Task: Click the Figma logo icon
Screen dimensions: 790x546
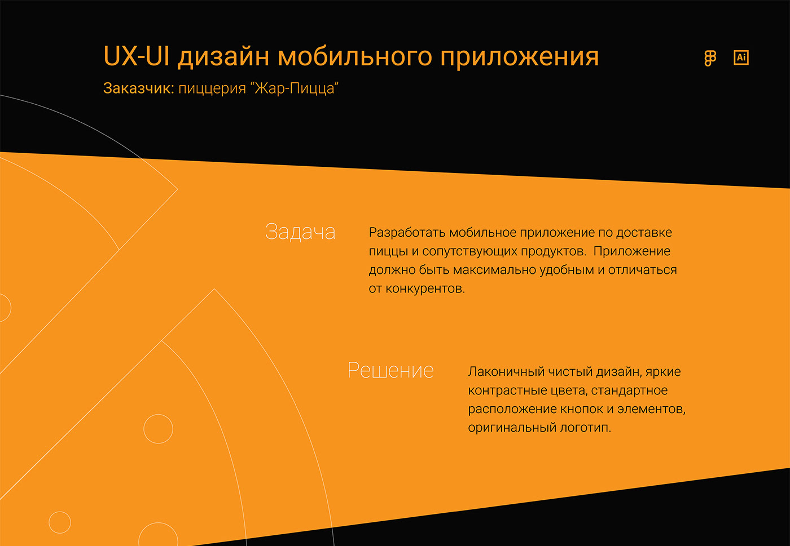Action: [710, 58]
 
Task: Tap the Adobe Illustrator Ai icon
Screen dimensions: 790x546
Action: [741, 57]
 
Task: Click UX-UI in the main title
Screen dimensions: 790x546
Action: [137, 56]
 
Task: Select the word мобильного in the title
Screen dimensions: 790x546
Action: [355, 56]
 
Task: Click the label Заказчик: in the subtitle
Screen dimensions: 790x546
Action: [139, 88]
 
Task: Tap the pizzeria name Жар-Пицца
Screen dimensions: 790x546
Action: [297, 88]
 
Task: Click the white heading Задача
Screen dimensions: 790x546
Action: [300, 232]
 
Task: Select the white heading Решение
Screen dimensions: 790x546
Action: [390, 371]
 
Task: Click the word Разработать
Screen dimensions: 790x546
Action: [407, 233]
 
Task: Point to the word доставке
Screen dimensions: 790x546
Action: [644, 233]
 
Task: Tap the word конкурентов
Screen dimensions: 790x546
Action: [425, 289]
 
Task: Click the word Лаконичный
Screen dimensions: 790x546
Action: [506, 372]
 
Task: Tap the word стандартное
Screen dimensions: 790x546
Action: [629, 391]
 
